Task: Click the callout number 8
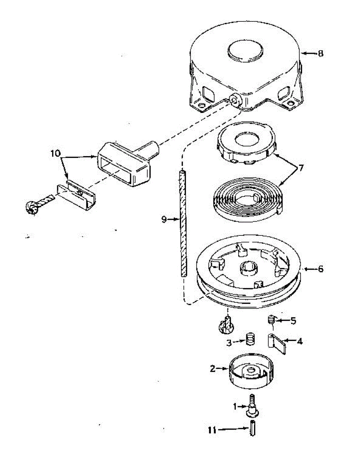(320, 54)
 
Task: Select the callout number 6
(320, 269)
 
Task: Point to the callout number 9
(164, 220)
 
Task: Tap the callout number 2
(212, 368)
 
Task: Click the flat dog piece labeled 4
(278, 343)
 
